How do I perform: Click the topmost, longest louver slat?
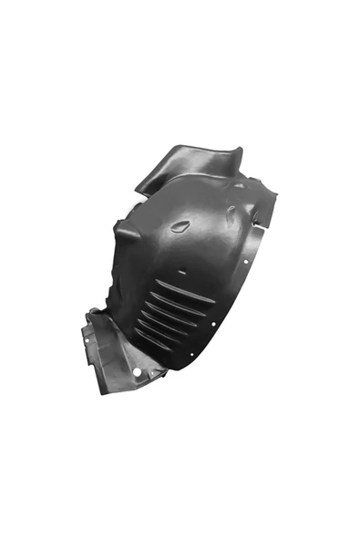[x=186, y=293]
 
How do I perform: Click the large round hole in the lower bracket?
[x=137, y=371]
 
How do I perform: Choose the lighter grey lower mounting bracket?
[x=118, y=351]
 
